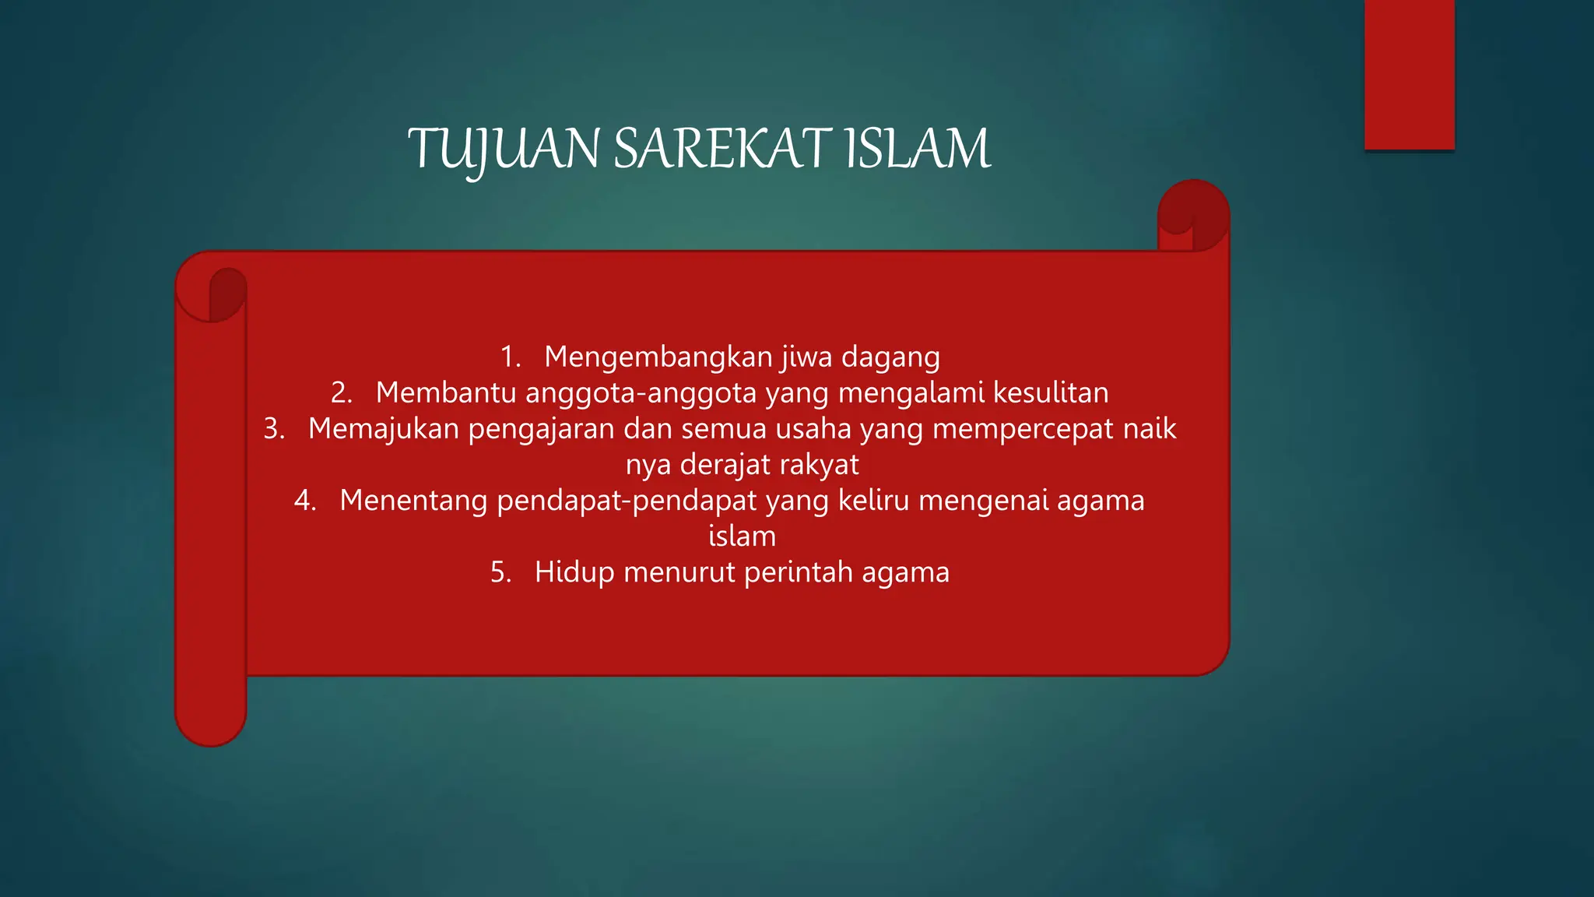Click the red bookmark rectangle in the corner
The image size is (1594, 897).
(1409, 74)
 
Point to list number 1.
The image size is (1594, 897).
(510, 357)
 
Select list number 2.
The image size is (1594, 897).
(341, 393)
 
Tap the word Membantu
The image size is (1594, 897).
(446, 393)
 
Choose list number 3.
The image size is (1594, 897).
(274, 429)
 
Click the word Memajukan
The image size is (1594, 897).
(384, 429)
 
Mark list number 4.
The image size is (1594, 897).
(305, 501)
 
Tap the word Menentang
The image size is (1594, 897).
(413, 501)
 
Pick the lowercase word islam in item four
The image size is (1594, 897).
(742, 536)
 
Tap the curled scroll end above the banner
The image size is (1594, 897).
(1193, 215)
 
